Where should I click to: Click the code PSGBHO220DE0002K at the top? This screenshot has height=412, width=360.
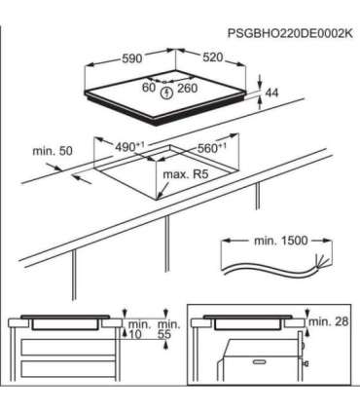(x=288, y=32)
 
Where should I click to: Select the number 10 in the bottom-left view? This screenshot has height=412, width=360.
(x=134, y=334)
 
